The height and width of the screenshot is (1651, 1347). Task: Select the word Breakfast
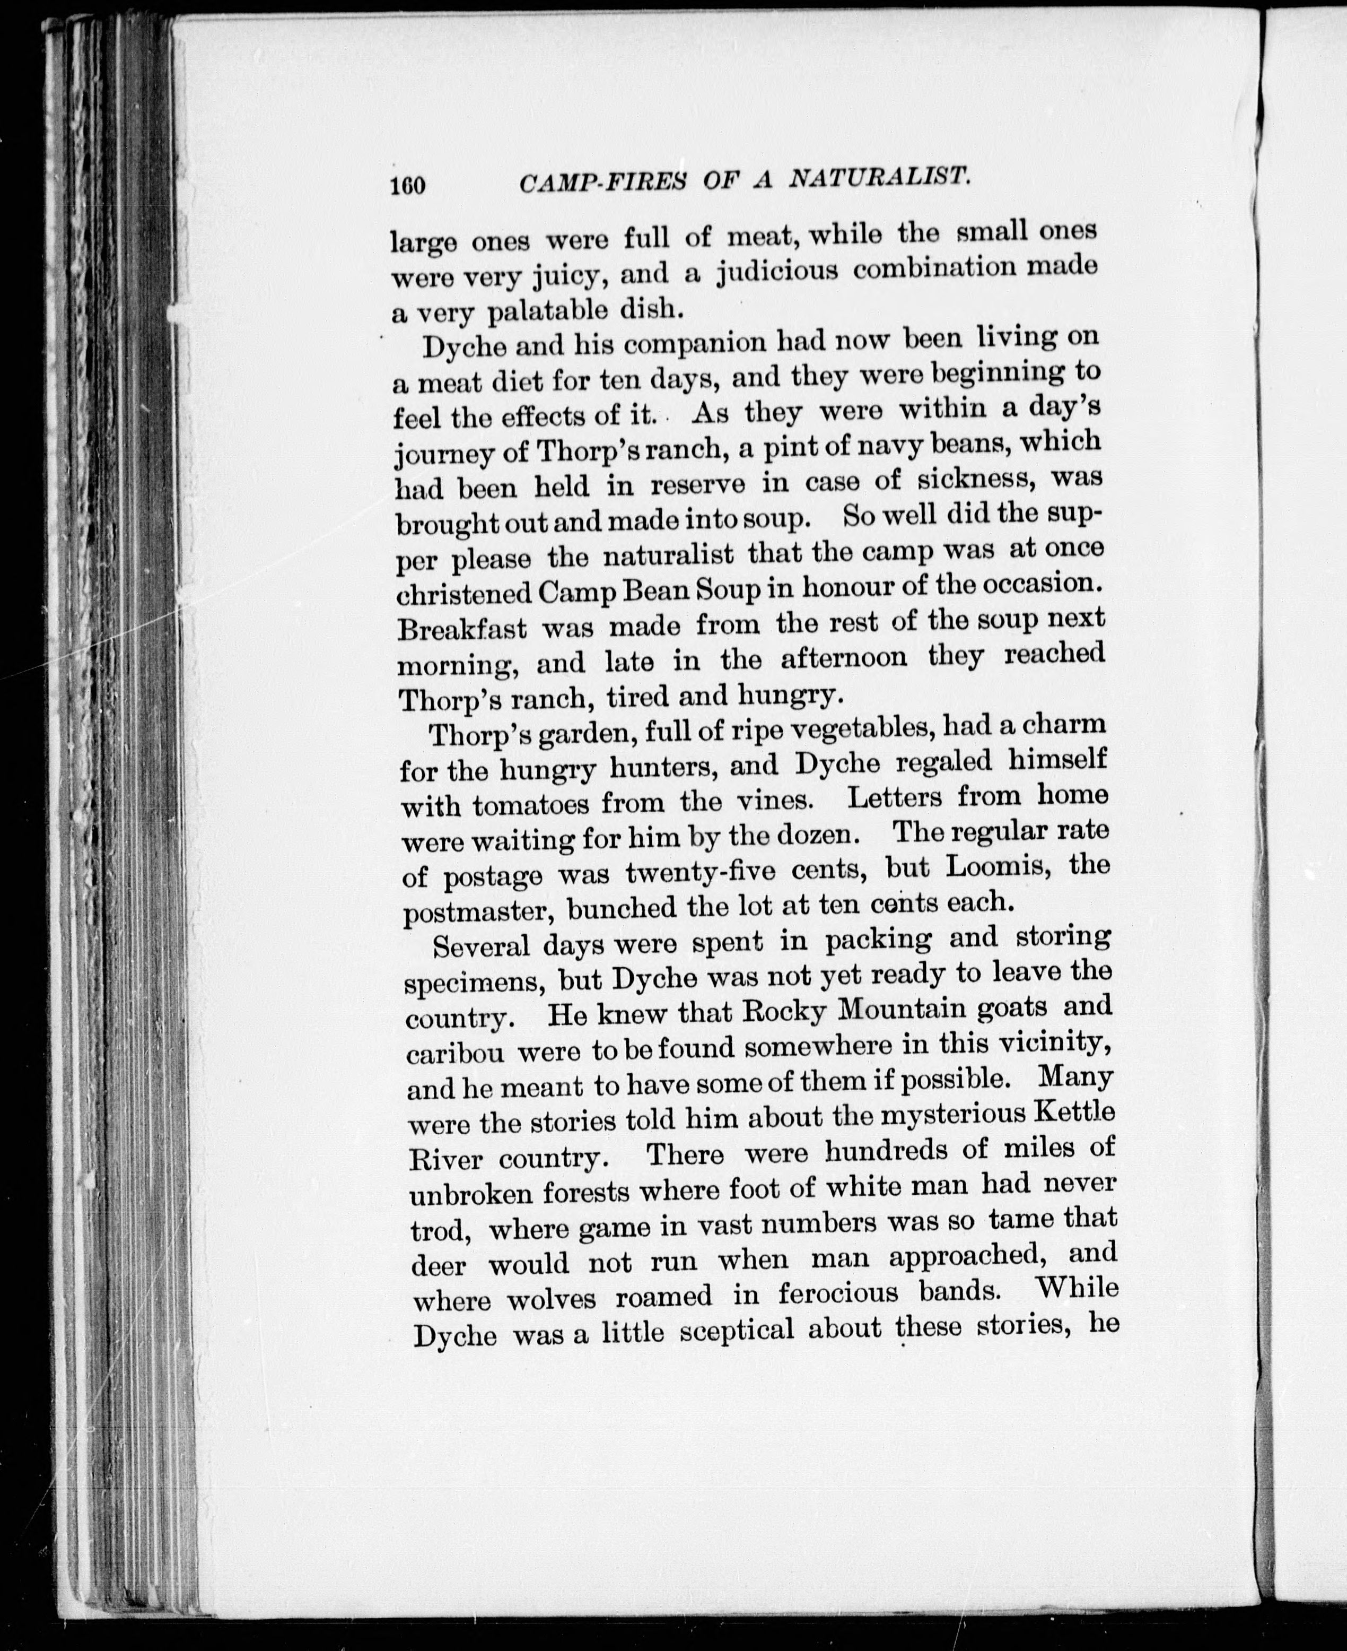pyautogui.click(x=462, y=628)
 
